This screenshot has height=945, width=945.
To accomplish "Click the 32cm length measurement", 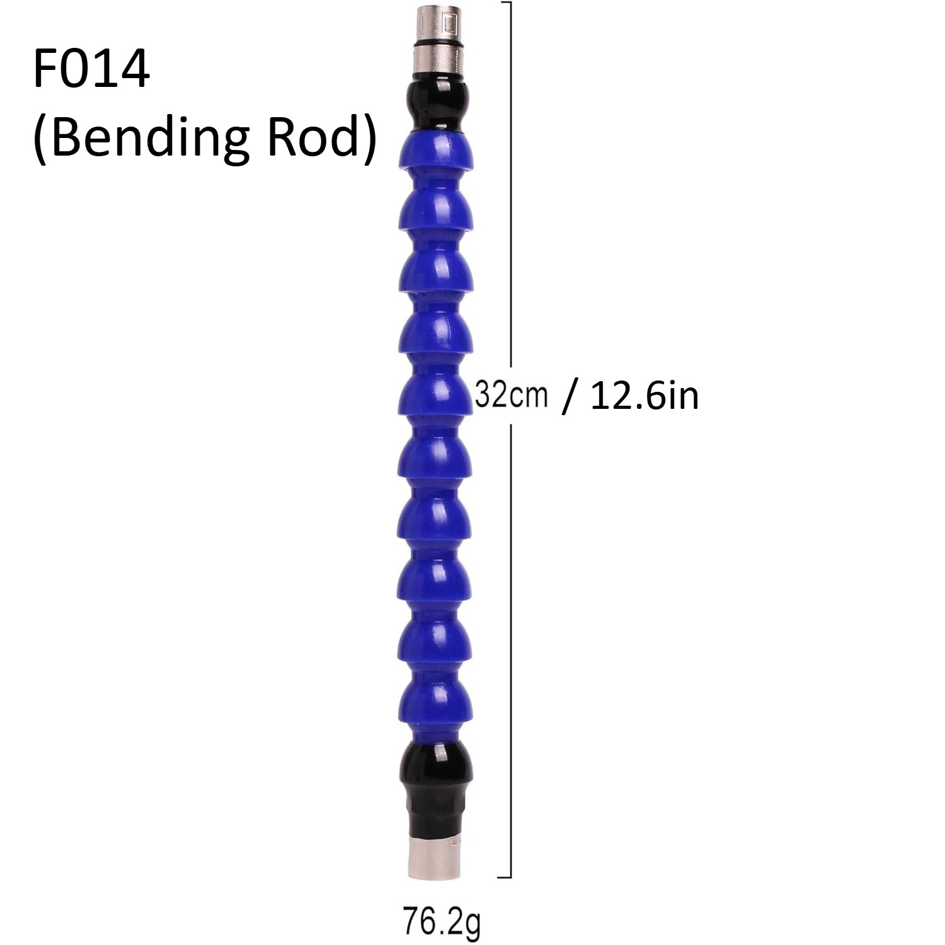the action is click(x=511, y=395).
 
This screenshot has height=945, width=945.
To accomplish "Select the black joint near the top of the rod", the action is click(x=436, y=100).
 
